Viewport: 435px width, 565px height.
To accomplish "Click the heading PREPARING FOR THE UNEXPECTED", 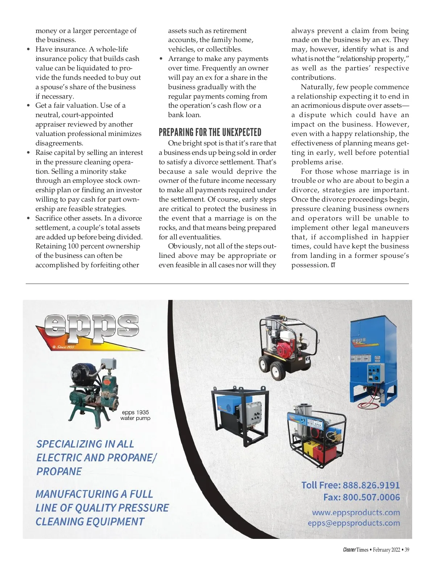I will [x=210, y=132].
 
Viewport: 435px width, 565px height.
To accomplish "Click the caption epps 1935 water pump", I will [x=135, y=415].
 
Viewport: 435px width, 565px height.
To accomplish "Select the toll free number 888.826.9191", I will [x=371, y=485].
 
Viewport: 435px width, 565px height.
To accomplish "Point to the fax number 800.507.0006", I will [x=371, y=497].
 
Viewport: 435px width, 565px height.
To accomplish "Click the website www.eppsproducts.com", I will [x=356, y=512].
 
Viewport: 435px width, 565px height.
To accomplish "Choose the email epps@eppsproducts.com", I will [x=354, y=523].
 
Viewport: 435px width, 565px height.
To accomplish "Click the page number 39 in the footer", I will [x=407, y=550].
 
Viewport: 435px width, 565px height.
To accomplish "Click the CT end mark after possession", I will [x=333, y=265].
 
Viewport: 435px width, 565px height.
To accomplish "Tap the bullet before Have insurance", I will [x=28, y=49].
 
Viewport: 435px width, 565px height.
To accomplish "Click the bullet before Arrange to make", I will [x=161, y=59].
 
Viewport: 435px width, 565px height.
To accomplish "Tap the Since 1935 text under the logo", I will [x=65, y=347].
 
